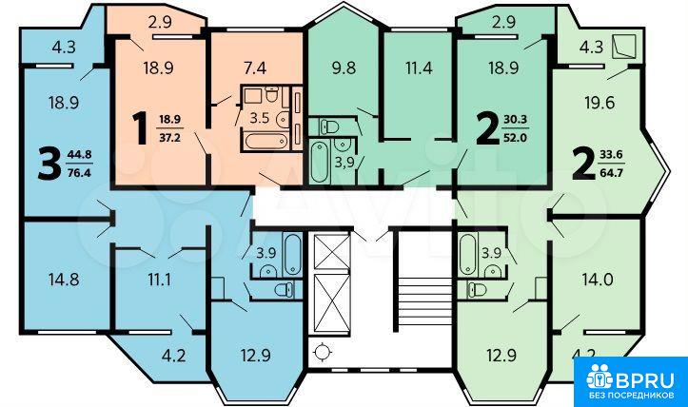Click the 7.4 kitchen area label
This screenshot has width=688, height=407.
coord(254,68)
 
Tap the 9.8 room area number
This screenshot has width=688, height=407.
coord(344,68)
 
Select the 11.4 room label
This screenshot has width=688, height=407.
coord(418,68)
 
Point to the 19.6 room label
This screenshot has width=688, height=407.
coord(600,103)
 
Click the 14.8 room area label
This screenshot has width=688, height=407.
coord(64,280)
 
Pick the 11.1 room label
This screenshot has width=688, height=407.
coord(159,280)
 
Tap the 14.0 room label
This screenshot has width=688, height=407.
coord(598,280)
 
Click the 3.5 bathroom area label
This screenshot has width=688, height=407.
coord(259,118)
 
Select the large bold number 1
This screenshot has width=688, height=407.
coord(141,128)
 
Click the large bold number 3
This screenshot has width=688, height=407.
coord(49,164)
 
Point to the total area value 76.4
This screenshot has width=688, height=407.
coord(79,173)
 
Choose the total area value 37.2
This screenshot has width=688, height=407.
coord(169,138)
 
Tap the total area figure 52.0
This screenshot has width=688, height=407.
coord(516,138)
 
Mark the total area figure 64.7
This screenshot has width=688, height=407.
coord(611,172)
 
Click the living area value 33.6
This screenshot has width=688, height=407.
coord(611,154)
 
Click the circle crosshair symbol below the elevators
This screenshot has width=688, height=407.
coord(323,351)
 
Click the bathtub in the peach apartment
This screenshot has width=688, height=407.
coord(265,141)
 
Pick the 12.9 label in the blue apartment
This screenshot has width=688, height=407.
coord(255,355)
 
